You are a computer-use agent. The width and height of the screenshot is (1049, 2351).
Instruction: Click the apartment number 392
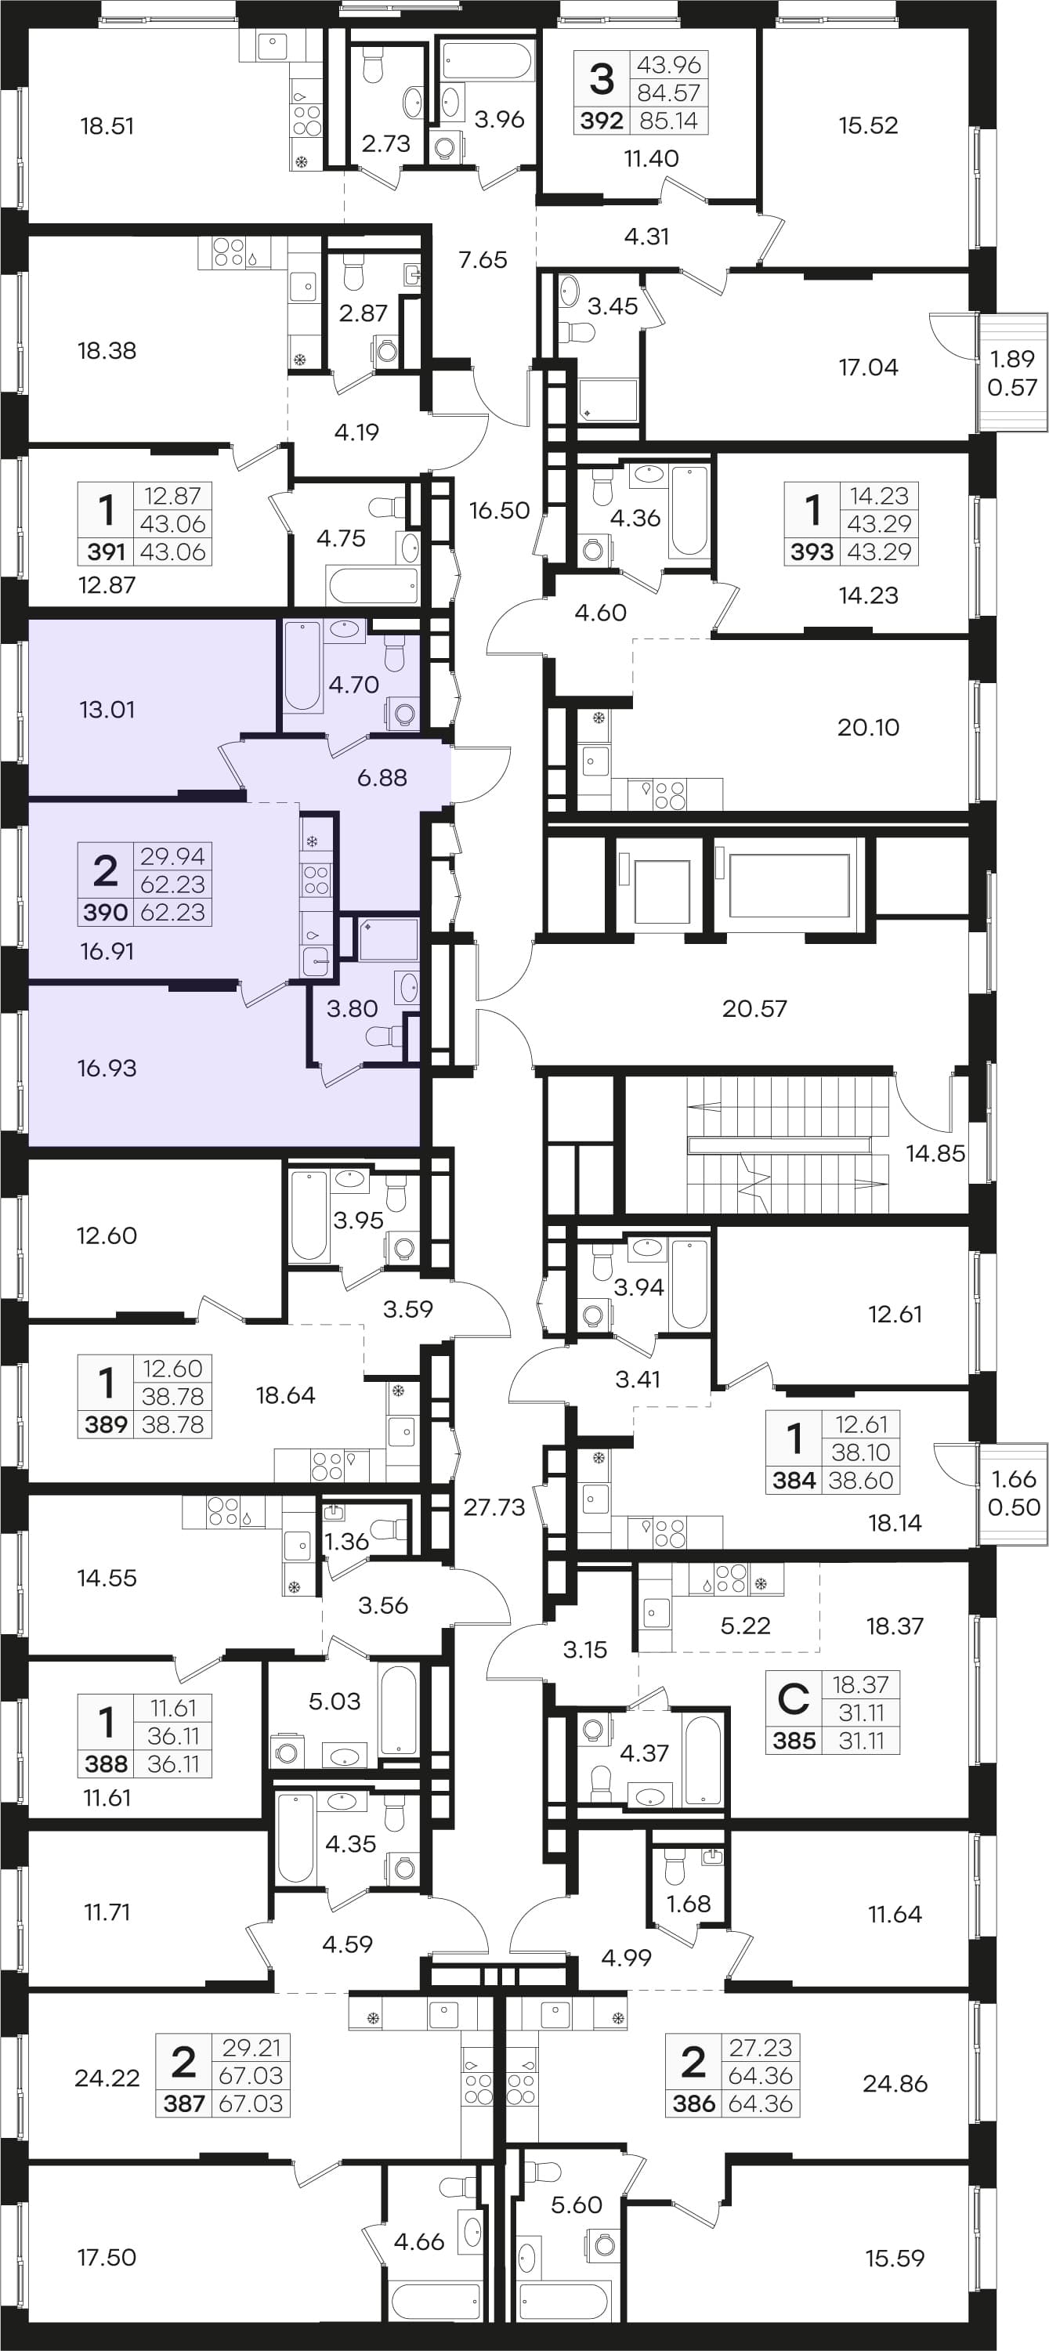(x=602, y=121)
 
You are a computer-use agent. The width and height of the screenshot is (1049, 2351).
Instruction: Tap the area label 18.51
(x=107, y=126)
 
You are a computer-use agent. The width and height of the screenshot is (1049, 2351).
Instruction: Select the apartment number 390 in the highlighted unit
(x=106, y=913)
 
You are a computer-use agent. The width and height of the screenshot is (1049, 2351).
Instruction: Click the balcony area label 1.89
(x=1012, y=360)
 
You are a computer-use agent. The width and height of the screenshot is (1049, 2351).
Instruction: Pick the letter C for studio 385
(x=793, y=1698)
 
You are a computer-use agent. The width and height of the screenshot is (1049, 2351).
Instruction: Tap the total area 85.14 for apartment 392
(x=669, y=121)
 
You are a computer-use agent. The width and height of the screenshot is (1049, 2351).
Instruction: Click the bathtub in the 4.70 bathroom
(x=302, y=666)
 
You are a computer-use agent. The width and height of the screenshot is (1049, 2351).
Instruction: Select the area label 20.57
(x=754, y=1008)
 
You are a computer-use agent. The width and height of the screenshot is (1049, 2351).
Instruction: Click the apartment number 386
(x=694, y=2103)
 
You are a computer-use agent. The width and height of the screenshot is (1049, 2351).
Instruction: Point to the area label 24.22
(x=107, y=2078)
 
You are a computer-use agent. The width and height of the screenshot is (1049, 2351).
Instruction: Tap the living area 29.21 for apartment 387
(x=251, y=2047)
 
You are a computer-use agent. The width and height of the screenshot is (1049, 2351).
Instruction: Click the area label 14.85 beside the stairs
(x=935, y=1152)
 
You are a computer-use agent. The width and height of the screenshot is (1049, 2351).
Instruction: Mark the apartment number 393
(x=812, y=552)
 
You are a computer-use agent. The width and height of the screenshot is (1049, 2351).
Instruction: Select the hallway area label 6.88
(x=382, y=778)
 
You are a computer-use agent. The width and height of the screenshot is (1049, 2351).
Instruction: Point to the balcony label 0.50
(x=1015, y=1506)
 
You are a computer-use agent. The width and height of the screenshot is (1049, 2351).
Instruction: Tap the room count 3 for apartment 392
(x=602, y=78)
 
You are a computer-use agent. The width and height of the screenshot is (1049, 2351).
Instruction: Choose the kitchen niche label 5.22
(x=746, y=1626)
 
